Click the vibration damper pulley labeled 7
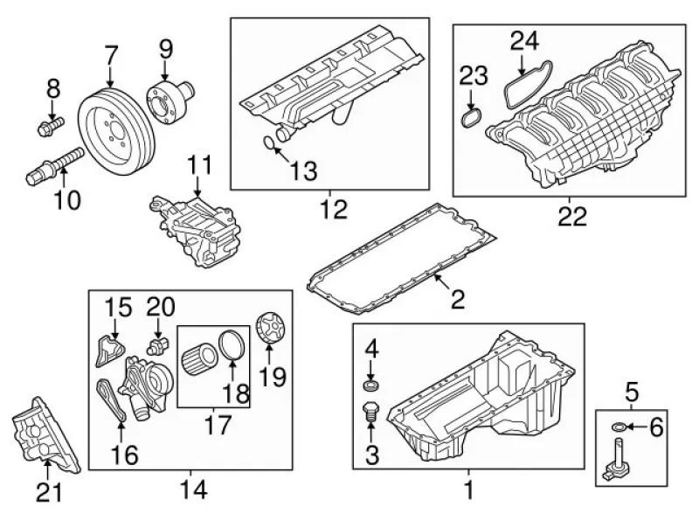[x=116, y=127]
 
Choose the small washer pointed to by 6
[x=619, y=427]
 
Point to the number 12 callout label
[x=333, y=209]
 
